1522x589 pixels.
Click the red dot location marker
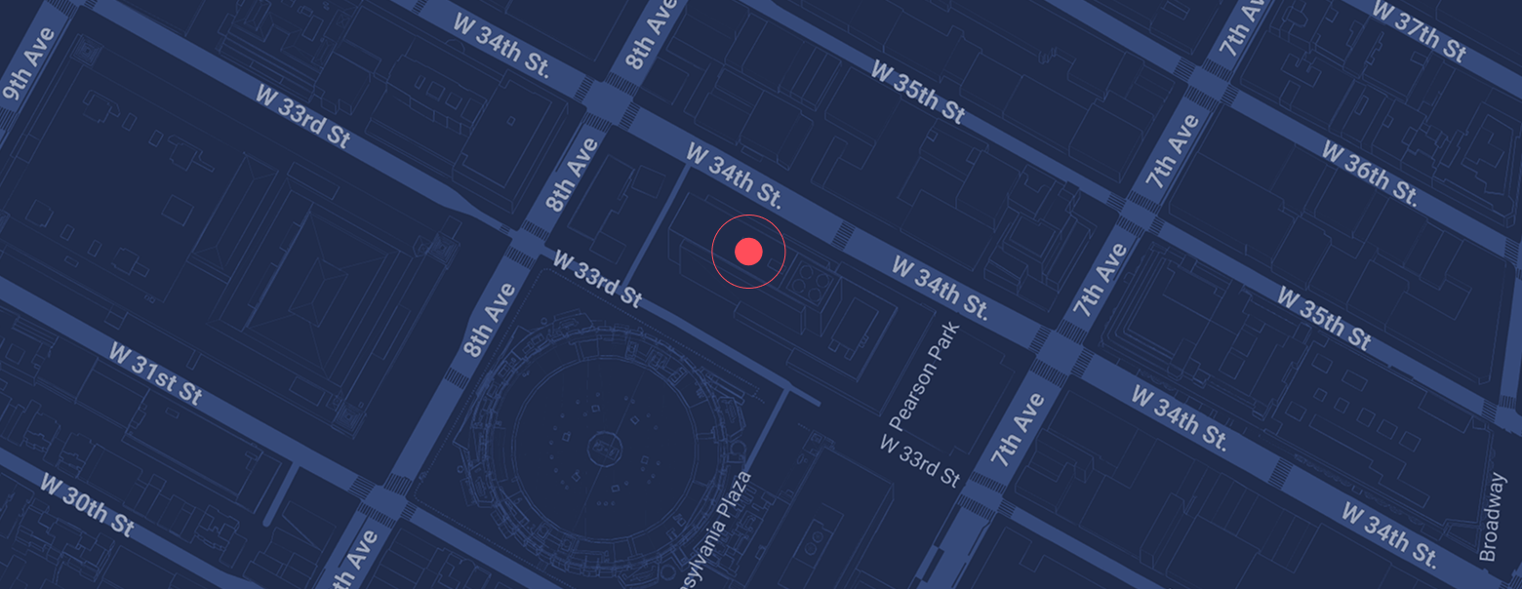(x=748, y=252)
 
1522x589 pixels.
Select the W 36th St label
(x=1369, y=173)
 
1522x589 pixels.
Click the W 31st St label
(x=155, y=373)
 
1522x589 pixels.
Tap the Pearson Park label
(x=925, y=376)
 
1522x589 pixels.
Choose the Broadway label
(x=1493, y=517)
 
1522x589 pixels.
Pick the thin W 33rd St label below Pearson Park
(x=921, y=460)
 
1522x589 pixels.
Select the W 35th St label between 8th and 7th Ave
(x=917, y=93)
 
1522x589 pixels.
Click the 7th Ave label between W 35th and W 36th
(x=1172, y=151)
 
